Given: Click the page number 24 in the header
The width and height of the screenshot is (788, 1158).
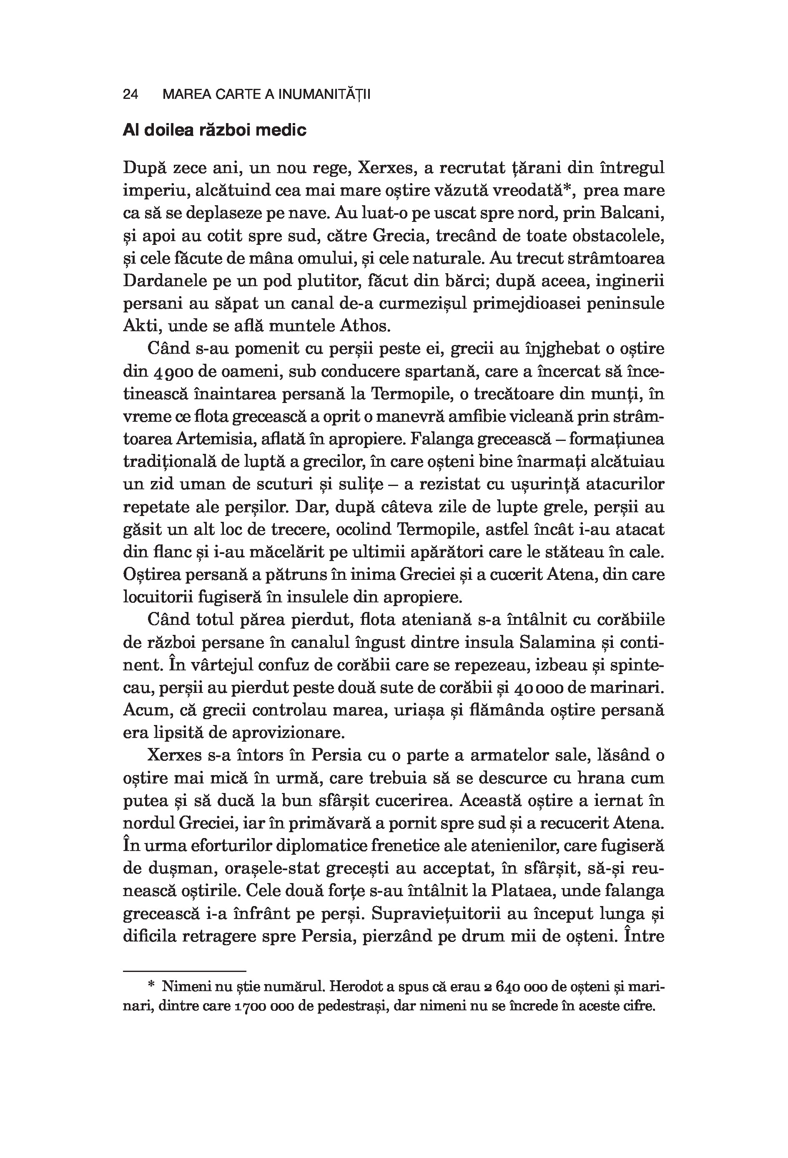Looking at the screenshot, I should point(130,95).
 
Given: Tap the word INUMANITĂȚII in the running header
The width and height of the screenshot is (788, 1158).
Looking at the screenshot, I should point(324,95).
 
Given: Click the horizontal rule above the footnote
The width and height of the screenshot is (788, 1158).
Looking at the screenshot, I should point(185,971).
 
